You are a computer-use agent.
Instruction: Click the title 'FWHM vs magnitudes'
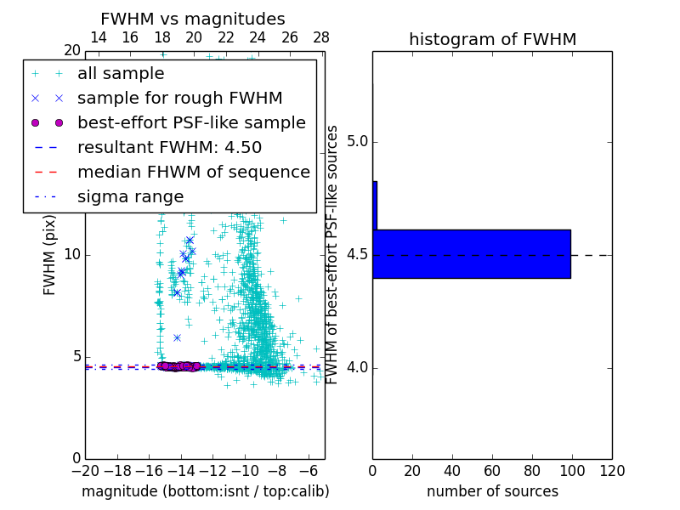(x=193, y=19)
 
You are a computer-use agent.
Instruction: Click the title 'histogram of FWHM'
(x=492, y=39)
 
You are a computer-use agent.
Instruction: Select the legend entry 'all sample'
(x=121, y=74)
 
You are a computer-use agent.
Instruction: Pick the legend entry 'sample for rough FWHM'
(x=179, y=98)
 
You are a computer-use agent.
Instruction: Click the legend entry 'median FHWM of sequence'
(x=193, y=172)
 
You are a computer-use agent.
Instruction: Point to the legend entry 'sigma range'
(x=130, y=196)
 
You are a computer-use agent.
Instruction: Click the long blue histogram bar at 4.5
(x=471, y=253)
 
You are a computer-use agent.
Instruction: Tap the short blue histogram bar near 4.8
(x=375, y=205)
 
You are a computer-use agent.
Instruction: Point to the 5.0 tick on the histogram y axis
(x=356, y=141)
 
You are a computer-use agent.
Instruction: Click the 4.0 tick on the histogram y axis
(x=356, y=367)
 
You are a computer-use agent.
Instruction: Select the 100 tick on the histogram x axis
(x=572, y=471)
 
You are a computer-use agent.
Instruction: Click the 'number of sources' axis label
(x=492, y=491)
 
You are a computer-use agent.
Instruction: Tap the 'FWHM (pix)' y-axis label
(x=50, y=255)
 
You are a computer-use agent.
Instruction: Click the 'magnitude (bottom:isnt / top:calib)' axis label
(x=205, y=491)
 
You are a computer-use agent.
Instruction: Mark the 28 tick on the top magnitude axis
(x=321, y=37)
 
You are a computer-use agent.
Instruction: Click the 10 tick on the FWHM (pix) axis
(x=72, y=255)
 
